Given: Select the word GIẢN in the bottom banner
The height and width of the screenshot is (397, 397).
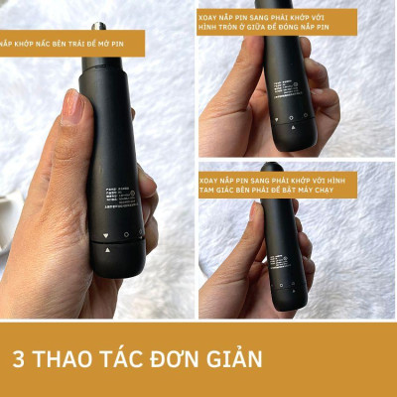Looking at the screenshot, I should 235,358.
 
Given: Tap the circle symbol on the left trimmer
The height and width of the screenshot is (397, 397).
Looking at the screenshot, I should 125,235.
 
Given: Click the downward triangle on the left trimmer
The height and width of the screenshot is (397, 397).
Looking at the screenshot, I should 105,237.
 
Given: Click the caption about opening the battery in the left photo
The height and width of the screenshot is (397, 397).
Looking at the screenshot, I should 71,44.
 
